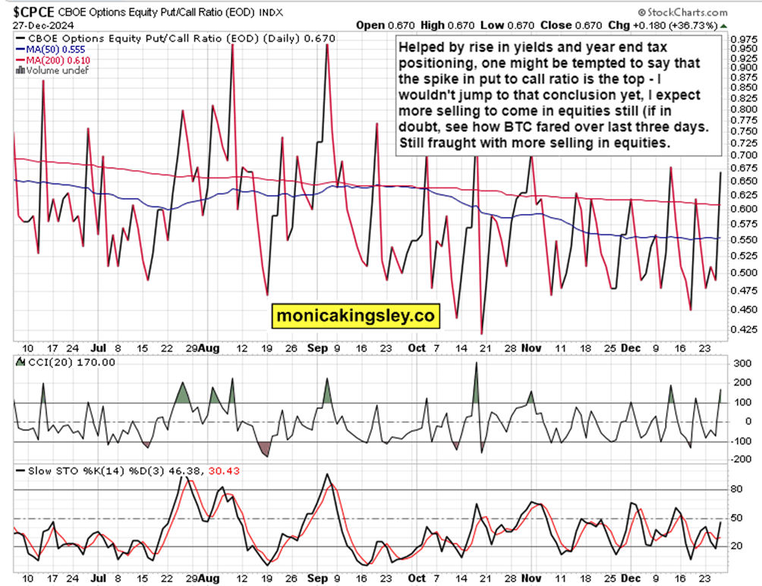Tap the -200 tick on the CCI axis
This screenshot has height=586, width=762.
click(x=737, y=458)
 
